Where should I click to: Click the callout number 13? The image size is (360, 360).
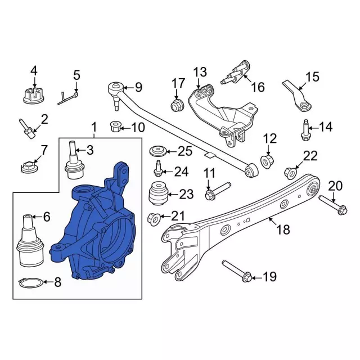coord(200,72)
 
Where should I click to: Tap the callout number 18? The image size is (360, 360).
coord(283,229)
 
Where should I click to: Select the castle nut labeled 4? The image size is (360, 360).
coord(34,96)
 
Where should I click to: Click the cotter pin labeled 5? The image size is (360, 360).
coord(67,98)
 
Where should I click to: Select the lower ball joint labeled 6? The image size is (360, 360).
coord(30,241)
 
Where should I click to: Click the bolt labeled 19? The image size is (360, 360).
coord(237,271)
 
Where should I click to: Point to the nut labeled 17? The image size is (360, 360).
coord(177,105)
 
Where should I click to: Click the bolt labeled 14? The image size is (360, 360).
coord(305,130)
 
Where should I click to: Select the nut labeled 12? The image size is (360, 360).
coord(267,161)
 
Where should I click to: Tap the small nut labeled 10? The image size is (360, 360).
coord(115,127)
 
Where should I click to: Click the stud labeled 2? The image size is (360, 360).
coord(27,129)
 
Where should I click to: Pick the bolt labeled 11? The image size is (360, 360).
coord(218,191)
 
